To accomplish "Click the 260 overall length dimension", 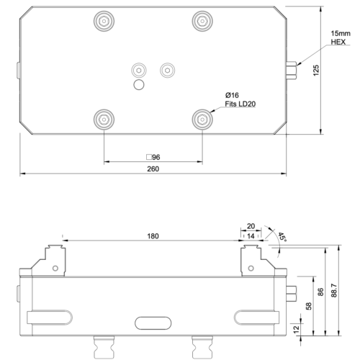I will click(153, 168).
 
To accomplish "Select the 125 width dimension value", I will click(315, 71).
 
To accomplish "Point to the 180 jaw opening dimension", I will click(153, 235).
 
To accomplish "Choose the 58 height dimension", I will click(309, 306).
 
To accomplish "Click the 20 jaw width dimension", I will click(251, 225).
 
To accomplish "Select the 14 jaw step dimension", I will click(251, 235).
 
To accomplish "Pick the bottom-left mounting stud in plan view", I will click(104, 117).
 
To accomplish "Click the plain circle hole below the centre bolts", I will click(138, 84).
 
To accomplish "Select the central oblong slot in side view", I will click(152, 321).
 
